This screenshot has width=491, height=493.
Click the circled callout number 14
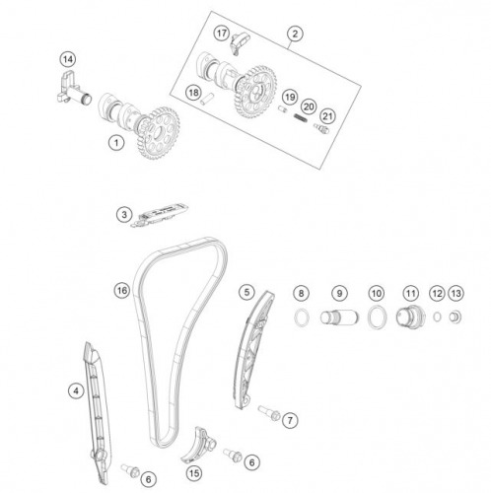click(68, 59)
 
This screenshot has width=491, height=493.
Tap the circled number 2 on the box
click(295, 34)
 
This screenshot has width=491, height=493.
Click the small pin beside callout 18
click(207, 99)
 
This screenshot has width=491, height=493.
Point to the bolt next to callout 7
click(269, 412)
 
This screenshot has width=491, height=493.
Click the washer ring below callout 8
click(302, 317)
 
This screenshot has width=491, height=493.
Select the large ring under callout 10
click(377, 317)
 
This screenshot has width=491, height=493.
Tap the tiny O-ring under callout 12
click(437, 317)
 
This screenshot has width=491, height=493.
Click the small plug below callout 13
click(456, 317)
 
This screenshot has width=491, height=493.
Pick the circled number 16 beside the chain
click(122, 290)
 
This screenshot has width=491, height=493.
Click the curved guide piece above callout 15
click(199, 445)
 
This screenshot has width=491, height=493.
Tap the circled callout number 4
click(76, 391)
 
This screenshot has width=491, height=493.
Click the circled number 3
click(124, 215)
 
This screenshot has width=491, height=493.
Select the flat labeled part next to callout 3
click(160, 215)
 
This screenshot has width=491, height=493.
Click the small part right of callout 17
click(240, 43)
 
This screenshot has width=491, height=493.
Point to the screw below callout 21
click(321, 129)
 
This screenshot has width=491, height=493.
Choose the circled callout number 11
click(410, 293)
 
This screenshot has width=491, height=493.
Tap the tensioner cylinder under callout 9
click(339, 317)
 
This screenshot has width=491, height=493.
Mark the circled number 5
click(246, 292)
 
